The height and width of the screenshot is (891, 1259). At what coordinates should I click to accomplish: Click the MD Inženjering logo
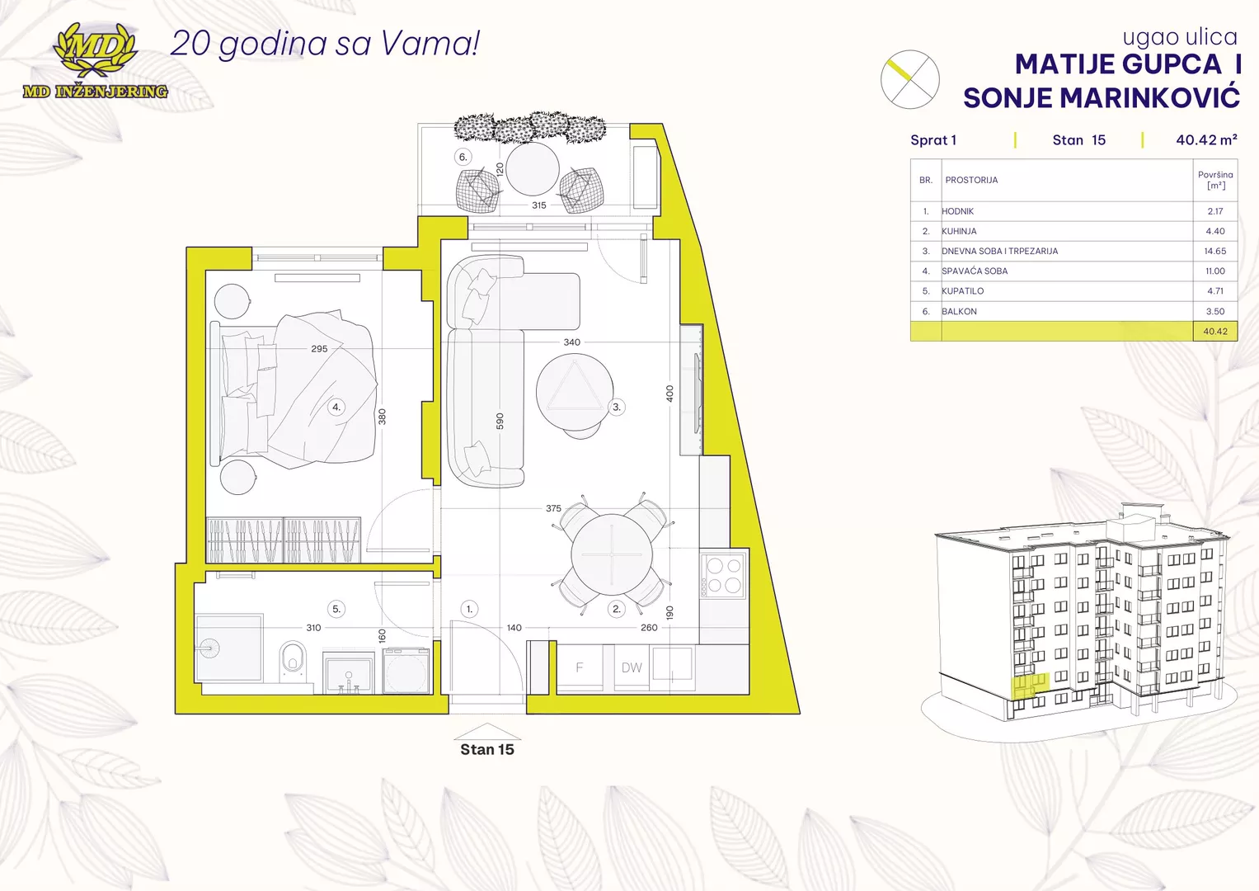(x=95, y=62)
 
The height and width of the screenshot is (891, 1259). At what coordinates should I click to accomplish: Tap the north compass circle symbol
(x=909, y=79)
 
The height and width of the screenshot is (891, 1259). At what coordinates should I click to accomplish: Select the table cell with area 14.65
(x=1214, y=251)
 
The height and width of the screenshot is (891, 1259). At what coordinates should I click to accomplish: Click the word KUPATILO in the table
(x=962, y=291)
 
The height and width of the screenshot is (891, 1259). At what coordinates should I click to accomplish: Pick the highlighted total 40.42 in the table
(x=1214, y=332)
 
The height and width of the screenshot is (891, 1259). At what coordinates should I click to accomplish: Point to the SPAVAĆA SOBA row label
(x=975, y=271)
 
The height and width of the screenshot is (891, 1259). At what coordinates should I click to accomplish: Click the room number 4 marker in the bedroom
(x=336, y=407)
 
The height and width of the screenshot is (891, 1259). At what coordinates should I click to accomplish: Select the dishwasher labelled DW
(x=632, y=667)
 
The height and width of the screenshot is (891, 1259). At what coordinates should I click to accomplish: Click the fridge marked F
(x=580, y=667)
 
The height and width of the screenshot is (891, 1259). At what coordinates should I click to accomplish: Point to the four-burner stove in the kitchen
(x=723, y=575)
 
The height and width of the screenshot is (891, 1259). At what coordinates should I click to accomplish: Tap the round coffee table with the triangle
(x=575, y=392)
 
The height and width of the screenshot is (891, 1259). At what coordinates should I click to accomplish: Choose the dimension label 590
(x=500, y=422)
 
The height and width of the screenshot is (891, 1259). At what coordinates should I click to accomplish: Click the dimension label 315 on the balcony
(x=538, y=205)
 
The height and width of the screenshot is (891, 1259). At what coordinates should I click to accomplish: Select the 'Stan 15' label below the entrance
(x=486, y=750)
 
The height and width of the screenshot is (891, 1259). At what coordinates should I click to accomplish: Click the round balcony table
(x=533, y=168)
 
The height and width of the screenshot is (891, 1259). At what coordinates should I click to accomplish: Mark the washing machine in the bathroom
(x=406, y=672)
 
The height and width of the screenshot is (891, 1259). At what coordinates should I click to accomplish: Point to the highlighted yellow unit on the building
(x=1027, y=686)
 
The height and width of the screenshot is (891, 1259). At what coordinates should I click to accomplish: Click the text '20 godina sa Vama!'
(x=325, y=44)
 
